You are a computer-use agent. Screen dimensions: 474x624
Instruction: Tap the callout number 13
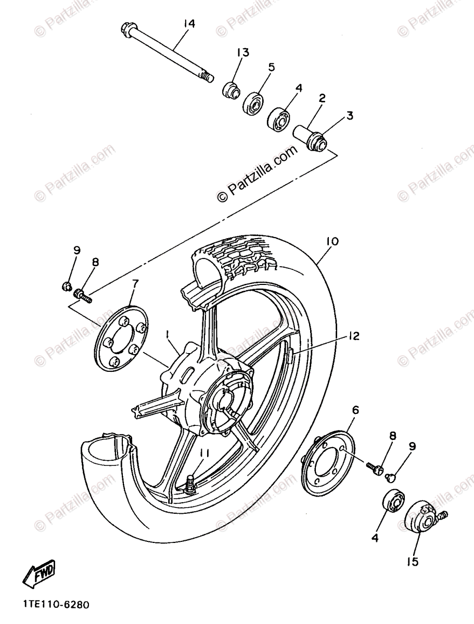point(244,52)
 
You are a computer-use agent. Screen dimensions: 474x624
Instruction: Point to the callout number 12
point(354,336)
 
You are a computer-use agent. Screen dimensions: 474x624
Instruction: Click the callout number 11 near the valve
point(203,453)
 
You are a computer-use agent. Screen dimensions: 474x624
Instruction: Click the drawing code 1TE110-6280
point(56,605)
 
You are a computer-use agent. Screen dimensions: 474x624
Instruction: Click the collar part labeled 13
point(231,90)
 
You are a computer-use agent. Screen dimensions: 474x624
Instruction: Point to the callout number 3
point(350,115)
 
